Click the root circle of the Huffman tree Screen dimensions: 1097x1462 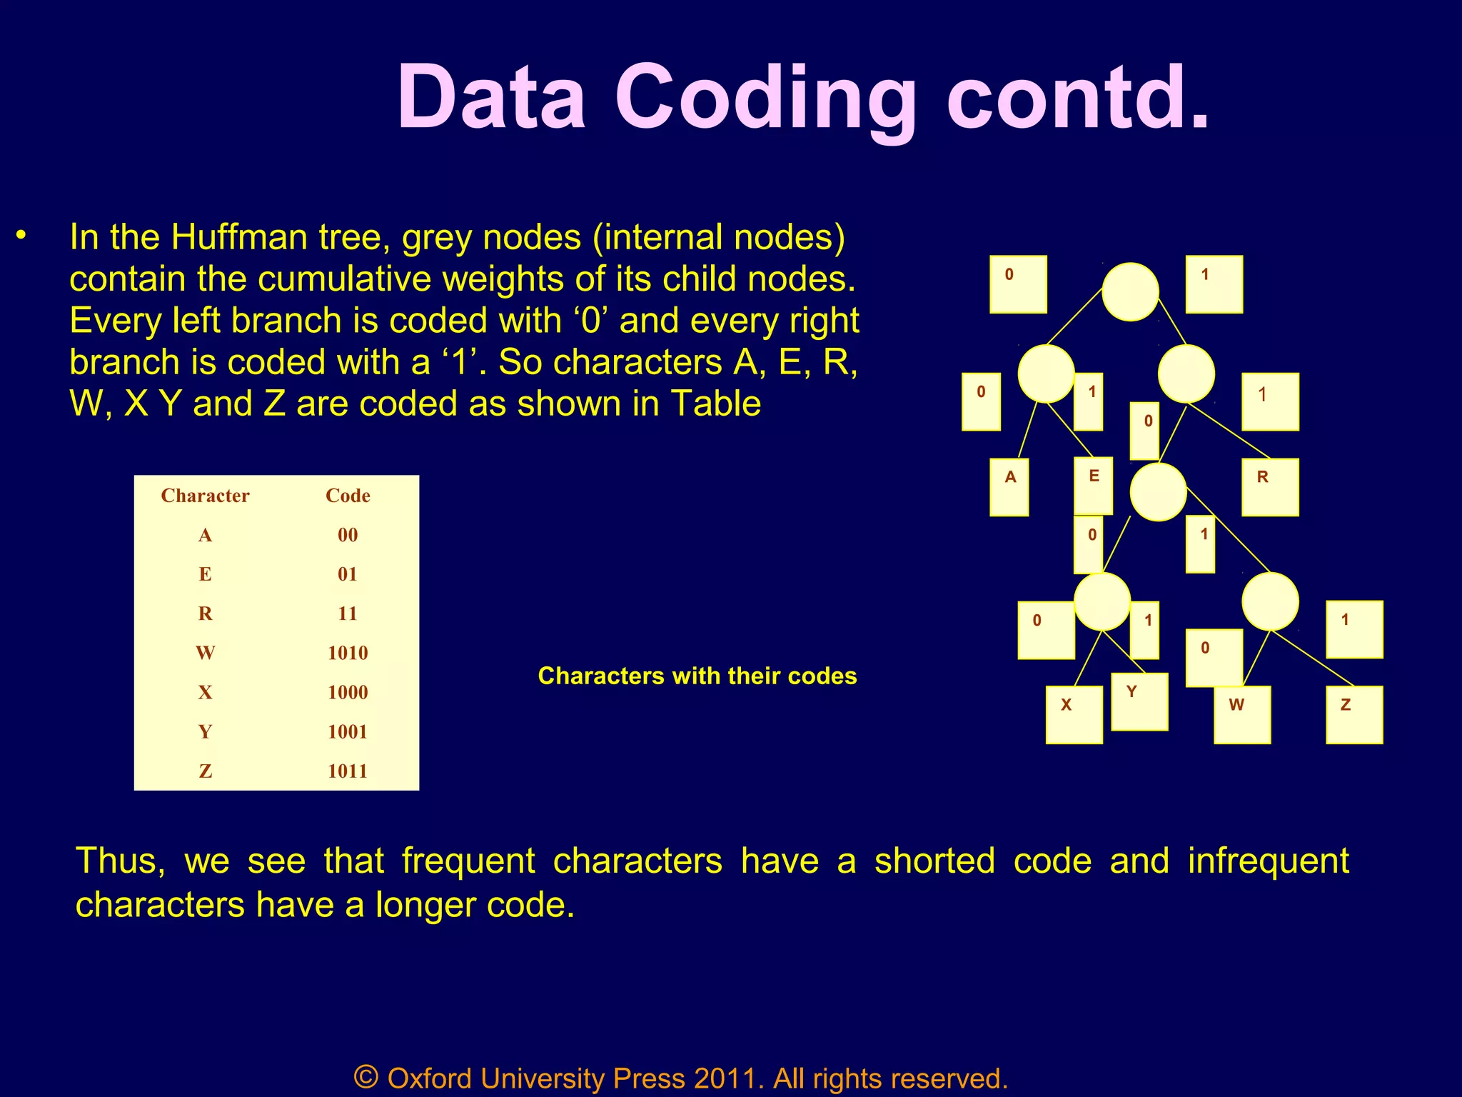pyautogui.click(x=1130, y=291)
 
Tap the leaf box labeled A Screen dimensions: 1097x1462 pyautogui.click(x=1009, y=487)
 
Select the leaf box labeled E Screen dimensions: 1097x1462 pyautogui.click(x=1093, y=486)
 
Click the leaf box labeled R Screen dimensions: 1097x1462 pyautogui.click(x=1269, y=487)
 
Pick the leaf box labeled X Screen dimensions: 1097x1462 pyautogui.click(x=1074, y=714)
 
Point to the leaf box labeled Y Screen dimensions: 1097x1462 pyautogui.click(x=1139, y=701)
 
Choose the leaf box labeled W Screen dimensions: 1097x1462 pyautogui.click(x=1242, y=714)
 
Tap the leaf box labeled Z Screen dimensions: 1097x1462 pyautogui.click(x=1353, y=714)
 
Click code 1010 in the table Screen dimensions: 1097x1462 pyautogui.click(x=348, y=653)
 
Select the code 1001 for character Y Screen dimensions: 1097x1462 pyautogui.click(x=348, y=731)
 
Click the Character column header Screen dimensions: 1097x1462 pyautogui.click(x=205, y=496)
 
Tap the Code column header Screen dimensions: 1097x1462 pyautogui.click(x=348, y=496)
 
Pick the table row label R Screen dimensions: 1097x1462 pyautogui.click(x=205, y=613)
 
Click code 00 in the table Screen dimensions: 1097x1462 pyautogui.click(x=348, y=535)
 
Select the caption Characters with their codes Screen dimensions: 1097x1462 pyautogui.click(x=697, y=676)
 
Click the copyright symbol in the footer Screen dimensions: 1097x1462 pyautogui.click(x=365, y=1076)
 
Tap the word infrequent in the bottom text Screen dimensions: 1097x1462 pyautogui.click(x=1268, y=861)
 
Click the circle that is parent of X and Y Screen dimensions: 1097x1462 pyautogui.click(x=1101, y=601)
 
